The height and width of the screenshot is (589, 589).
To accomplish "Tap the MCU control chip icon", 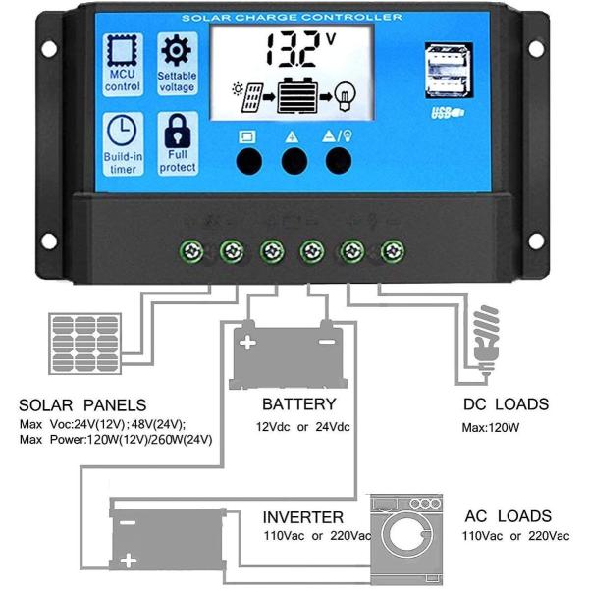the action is pyautogui.click(x=123, y=53).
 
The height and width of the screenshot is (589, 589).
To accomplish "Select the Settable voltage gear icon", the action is pyautogui.click(x=178, y=50).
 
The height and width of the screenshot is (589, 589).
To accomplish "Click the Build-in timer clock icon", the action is pyautogui.click(x=123, y=131).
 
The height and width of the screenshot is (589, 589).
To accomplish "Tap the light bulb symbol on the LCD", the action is pyautogui.click(x=344, y=97).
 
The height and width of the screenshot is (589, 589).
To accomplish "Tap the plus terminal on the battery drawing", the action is pyautogui.click(x=248, y=344).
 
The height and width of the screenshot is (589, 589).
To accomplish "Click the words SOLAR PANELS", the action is pyautogui.click(x=82, y=404).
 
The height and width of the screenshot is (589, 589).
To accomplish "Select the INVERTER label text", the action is pyautogui.click(x=302, y=516).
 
